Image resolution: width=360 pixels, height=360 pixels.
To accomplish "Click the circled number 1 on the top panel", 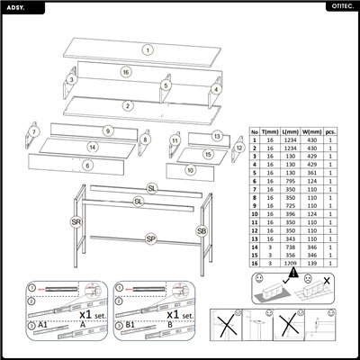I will (148, 49).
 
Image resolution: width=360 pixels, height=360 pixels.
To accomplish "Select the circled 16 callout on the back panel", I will (127, 72).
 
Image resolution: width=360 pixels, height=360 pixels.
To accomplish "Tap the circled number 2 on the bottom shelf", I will (129, 106).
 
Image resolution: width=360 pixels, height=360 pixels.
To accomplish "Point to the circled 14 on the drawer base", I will (92, 147).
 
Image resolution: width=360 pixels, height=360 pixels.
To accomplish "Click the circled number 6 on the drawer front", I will (87, 166).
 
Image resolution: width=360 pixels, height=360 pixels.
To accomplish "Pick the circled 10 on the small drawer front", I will (191, 168).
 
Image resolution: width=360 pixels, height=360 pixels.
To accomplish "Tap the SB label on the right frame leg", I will (201, 231).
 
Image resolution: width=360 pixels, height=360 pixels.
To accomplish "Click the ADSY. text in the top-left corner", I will (15, 7).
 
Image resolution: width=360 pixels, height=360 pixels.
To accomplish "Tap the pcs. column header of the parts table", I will (330, 130).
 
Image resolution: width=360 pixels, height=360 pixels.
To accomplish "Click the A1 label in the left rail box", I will (32, 325).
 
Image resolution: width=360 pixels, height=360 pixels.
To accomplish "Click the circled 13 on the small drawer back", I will (217, 135).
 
